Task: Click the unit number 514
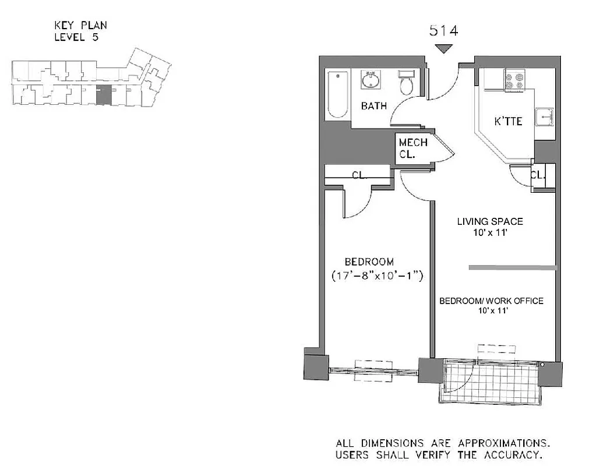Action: pos(443,31)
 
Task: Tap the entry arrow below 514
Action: pos(444,49)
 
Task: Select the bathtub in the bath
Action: pos(337,94)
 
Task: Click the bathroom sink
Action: pos(369,80)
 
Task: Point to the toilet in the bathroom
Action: pos(406,83)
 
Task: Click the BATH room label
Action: pos(373,106)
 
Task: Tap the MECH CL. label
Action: pos(413,148)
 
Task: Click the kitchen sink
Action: pos(544,118)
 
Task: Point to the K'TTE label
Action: pos(507,122)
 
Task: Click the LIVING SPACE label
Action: pos(489,221)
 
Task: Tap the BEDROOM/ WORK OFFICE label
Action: pos(491,301)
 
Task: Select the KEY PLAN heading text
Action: pos(80,25)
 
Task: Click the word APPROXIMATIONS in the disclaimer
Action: pos(508,443)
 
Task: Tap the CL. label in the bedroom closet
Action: pos(358,175)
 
